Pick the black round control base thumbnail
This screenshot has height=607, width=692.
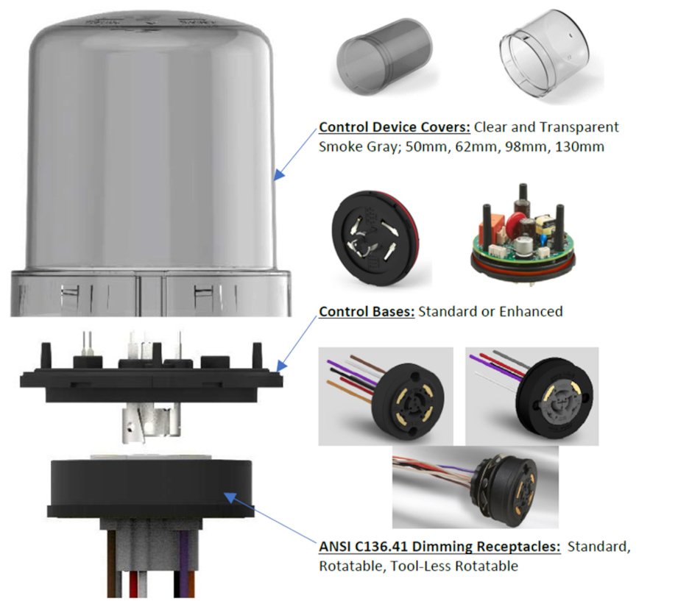click(373, 232)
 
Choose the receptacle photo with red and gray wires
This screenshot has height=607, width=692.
click(531, 395)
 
